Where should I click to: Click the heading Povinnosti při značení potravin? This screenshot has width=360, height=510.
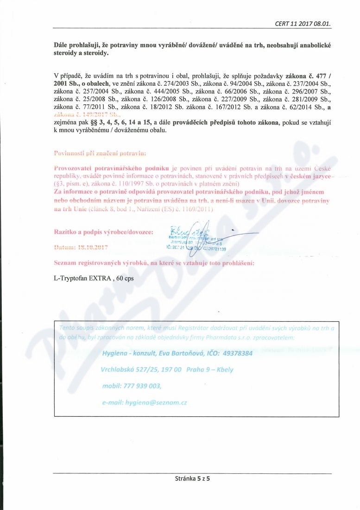[100, 153]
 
